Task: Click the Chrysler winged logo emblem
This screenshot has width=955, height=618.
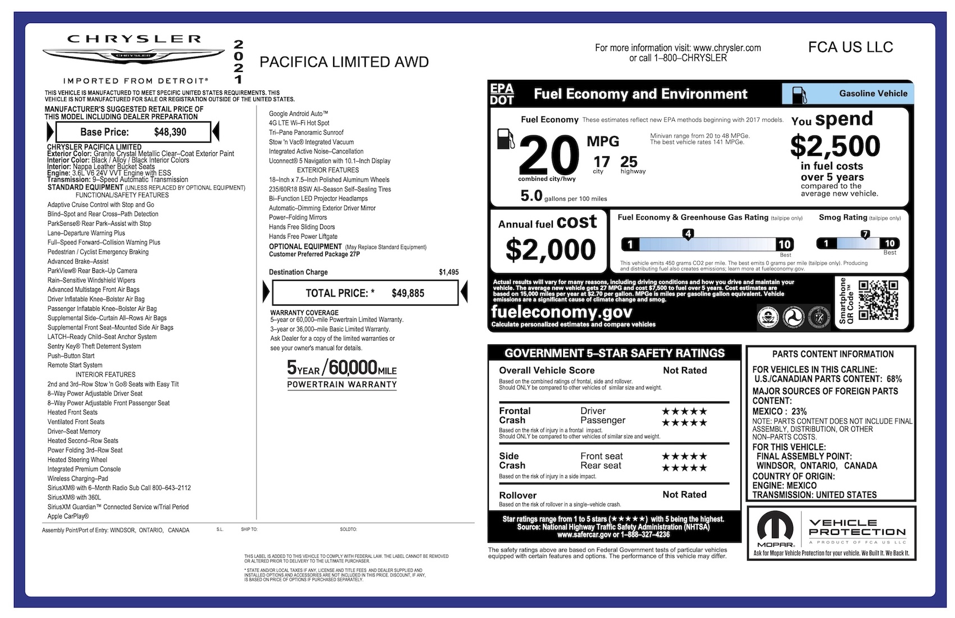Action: [x=133, y=56]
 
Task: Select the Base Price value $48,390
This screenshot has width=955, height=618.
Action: [x=170, y=133]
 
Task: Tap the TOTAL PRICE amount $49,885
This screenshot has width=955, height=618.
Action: [x=408, y=293]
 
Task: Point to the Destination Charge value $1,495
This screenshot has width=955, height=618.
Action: [x=448, y=272]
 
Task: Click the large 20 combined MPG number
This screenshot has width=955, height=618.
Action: [x=548, y=156]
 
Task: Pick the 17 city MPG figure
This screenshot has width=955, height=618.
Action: [x=601, y=162]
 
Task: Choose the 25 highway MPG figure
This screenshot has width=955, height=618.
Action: [x=629, y=162]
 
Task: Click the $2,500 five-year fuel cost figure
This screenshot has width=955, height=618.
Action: [x=835, y=146]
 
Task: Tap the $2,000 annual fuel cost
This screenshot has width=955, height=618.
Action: [x=551, y=250]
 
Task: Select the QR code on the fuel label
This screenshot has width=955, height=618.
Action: [x=879, y=301]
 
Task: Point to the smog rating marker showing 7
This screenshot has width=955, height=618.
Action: [x=865, y=234]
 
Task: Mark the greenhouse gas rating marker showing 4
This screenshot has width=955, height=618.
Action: [x=688, y=234]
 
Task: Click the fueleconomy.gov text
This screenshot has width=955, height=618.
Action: [x=561, y=312]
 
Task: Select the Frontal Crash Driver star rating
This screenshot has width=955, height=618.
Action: [x=684, y=411]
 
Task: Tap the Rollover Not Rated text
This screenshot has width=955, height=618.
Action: [x=684, y=494]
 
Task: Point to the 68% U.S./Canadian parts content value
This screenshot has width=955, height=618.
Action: [x=894, y=379]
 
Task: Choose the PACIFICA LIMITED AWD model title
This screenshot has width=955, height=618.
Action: [x=344, y=62]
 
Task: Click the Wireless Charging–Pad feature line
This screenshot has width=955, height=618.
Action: [x=78, y=479]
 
